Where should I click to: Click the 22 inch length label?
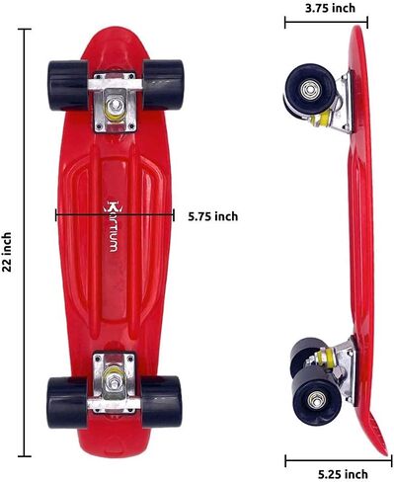(7, 252)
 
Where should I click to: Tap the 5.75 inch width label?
(213, 216)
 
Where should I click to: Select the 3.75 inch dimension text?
(330, 8)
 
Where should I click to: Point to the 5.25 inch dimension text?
(343, 474)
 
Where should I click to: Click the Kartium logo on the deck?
(111, 226)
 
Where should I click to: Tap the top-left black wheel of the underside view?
(68, 85)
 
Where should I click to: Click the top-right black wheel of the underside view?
(163, 85)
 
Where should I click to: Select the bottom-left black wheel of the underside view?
(67, 403)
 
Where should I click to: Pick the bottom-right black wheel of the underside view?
(161, 402)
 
